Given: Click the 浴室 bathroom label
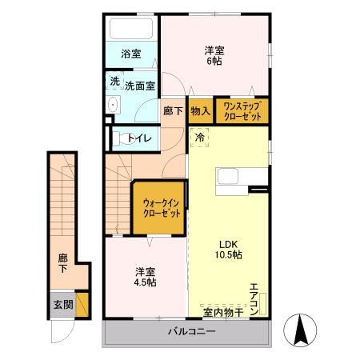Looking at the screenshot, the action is click(131, 54).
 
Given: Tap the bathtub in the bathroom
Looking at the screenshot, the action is click(131, 29).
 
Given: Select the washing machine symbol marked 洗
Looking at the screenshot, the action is click(115, 81).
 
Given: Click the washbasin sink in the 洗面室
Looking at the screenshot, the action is click(114, 105).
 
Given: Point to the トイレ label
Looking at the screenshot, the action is click(140, 138).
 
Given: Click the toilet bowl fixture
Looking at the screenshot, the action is click(123, 138).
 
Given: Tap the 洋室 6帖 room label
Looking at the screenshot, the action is click(214, 55).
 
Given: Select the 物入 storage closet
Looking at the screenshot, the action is click(201, 110).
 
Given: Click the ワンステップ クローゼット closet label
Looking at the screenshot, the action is click(242, 111).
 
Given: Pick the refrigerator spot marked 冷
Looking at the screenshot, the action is click(200, 137).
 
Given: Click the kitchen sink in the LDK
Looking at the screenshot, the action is click(227, 177).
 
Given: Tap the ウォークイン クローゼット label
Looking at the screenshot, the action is click(162, 208).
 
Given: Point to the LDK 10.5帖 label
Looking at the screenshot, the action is click(229, 250).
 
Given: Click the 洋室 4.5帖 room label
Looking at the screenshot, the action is click(146, 277).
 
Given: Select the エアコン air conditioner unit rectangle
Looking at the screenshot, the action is click(263, 303).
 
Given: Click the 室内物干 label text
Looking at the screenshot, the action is click(223, 313).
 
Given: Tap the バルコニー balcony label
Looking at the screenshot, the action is click(191, 331).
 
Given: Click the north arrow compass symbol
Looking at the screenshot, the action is click(300, 330).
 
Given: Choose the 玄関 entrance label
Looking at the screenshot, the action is click(63, 305).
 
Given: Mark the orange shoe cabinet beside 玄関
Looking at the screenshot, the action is click(82, 305).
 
